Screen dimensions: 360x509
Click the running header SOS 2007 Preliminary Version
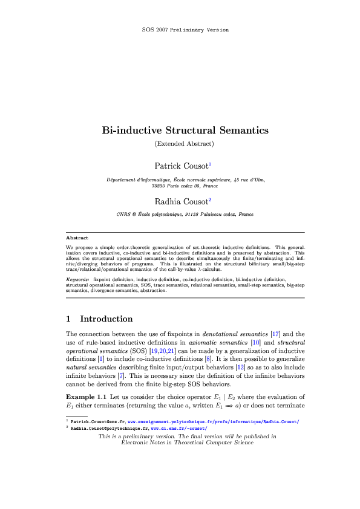(180, 29)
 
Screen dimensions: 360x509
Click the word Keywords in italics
(77, 280)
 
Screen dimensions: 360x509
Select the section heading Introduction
(106, 319)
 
